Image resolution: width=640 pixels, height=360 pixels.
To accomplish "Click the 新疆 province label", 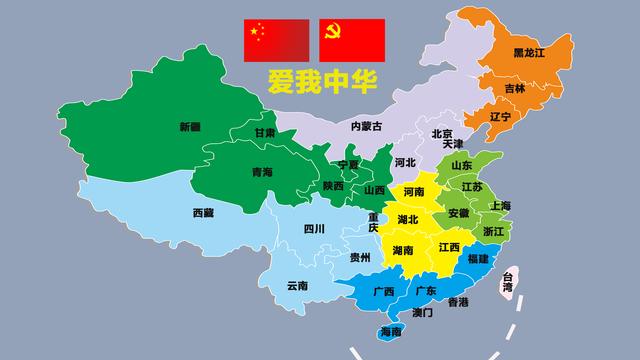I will pyautogui.click(x=189, y=127).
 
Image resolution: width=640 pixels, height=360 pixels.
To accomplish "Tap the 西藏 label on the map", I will pyautogui.click(x=203, y=212).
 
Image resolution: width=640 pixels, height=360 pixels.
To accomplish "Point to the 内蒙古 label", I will pyautogui.click(x=367, y=126).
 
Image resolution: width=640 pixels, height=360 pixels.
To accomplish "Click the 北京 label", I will pyautogui.click(x=442, y=133).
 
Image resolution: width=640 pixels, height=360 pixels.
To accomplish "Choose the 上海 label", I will pyautogui.click(x=500, y=206).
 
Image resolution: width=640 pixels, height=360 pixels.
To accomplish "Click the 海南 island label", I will pyautogui.click(x=391, y=332).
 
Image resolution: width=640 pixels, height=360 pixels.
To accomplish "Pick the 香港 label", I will pyautogui.click(x=458, y=301).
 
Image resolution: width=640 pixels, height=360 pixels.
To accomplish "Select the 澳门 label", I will pyautogui.click(x=422, y=313).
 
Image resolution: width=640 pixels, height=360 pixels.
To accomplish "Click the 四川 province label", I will pyautogui.click(x=313, y=229).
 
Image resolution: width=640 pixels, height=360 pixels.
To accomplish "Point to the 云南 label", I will pyautogui.click(x=297, y=286).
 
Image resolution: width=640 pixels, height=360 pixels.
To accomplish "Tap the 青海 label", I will pyautogui.click(x=261, y=172).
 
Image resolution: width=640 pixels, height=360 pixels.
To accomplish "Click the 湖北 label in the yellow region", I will pyautogui.click(x=408, y=219).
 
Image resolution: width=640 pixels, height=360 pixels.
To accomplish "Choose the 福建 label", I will pyautogui.click(x=478, y=259).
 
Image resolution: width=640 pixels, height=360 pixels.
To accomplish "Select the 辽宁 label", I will pyautogui.click(x=500, y=117).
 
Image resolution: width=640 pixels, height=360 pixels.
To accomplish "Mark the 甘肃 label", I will pyautogui.click(x=264, y=132).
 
